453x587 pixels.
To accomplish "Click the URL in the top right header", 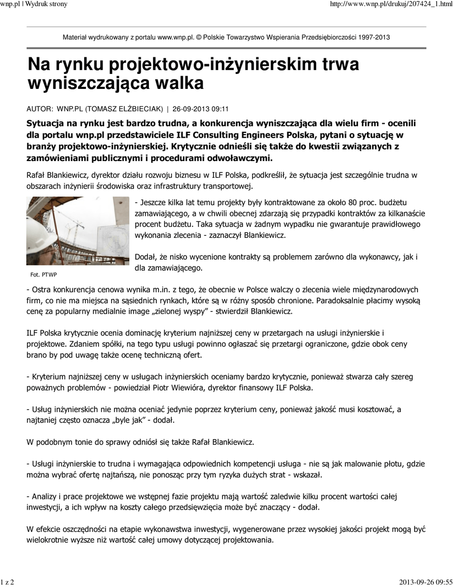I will click(388, 4).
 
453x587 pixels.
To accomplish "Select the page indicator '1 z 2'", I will click(8, 582).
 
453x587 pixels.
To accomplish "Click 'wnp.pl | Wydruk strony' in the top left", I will click(34, 4).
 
